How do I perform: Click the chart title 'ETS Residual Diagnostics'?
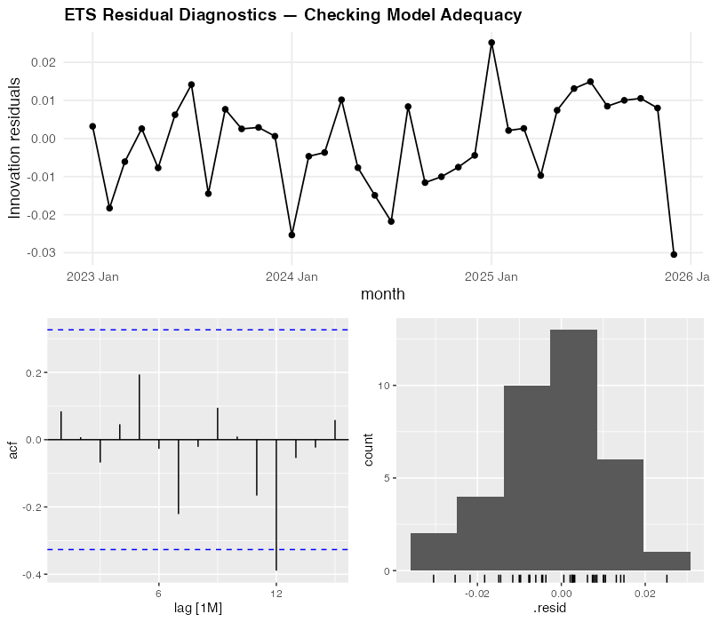click(x=292, y=15)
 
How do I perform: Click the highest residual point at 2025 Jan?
click(x=491, y=43)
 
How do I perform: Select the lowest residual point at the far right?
click(x=674, y=254)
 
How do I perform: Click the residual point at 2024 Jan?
click(x=292, y=235)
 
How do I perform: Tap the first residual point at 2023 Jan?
click(x=92, y=126)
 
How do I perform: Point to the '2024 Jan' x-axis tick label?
click(x=292, y=276)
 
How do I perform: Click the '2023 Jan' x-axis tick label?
click(x=92, y=276)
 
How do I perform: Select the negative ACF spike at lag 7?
click(x=179, y=476)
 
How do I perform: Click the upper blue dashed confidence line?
click(x=196, y=330)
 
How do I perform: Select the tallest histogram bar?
click(x=573, y=450)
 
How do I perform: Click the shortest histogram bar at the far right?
click(x=667, y=561)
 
